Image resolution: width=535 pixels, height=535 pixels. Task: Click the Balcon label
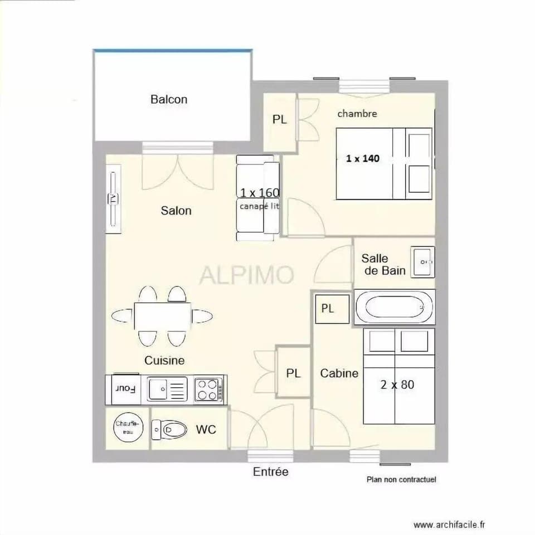coord(169,100)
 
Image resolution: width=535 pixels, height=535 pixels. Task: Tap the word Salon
coord(176,211)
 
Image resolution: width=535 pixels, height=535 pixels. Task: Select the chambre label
coord(357,114)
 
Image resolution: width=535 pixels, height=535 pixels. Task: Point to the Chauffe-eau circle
coord(128,427)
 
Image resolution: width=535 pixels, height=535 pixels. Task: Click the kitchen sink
coord(167,388)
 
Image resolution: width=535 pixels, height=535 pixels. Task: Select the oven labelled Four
coord(125,388)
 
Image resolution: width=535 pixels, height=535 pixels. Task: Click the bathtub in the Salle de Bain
coord(395,307)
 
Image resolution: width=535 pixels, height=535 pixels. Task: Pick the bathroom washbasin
coord(423,261)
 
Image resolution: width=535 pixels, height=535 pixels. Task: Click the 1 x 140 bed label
coord(362,158)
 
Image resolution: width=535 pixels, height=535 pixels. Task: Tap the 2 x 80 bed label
coord(397,385)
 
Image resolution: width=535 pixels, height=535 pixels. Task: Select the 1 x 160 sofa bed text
coord(260,193)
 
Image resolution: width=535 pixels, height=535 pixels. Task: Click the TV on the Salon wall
coord(114,198)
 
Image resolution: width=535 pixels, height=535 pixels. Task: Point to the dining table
coord(162,317)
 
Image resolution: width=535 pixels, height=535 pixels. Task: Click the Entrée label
coord(271,472)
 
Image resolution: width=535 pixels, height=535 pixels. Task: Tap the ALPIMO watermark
coord(247,275)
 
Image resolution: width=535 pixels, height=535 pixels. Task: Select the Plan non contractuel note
coord(401,479)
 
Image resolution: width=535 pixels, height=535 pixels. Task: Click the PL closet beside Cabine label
coord(294,373)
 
